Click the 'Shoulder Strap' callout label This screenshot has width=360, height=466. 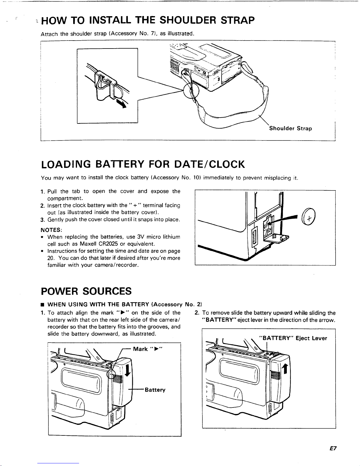tap(290, 128)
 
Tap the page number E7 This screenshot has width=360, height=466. tap(333, 449)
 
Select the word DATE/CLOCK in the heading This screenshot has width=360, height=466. tap(209, 164)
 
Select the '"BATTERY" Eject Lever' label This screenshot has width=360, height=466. tap(293, 338)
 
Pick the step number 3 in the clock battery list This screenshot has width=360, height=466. tap(42, 220)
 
